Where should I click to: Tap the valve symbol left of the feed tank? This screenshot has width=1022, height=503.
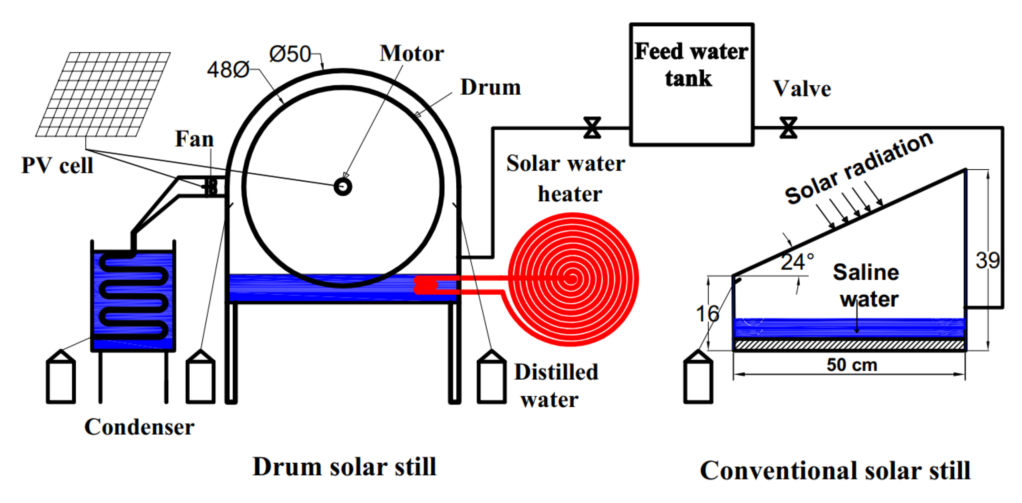point(592,128)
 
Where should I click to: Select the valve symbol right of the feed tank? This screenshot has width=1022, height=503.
point(788,128)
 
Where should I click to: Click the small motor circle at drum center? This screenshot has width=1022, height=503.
point(343,186)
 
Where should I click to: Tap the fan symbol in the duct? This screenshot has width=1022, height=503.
point(211,186)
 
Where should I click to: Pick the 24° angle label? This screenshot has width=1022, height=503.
point(797,262)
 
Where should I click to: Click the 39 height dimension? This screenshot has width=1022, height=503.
point(987,261)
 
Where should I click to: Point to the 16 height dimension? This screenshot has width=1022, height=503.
point(707,314)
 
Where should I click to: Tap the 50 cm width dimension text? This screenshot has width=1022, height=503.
point(851,364)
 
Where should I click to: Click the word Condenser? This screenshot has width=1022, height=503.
point(139,427)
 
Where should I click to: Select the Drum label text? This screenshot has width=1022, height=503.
point(490,87)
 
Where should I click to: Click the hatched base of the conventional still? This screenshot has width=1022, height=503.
point(849,344)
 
